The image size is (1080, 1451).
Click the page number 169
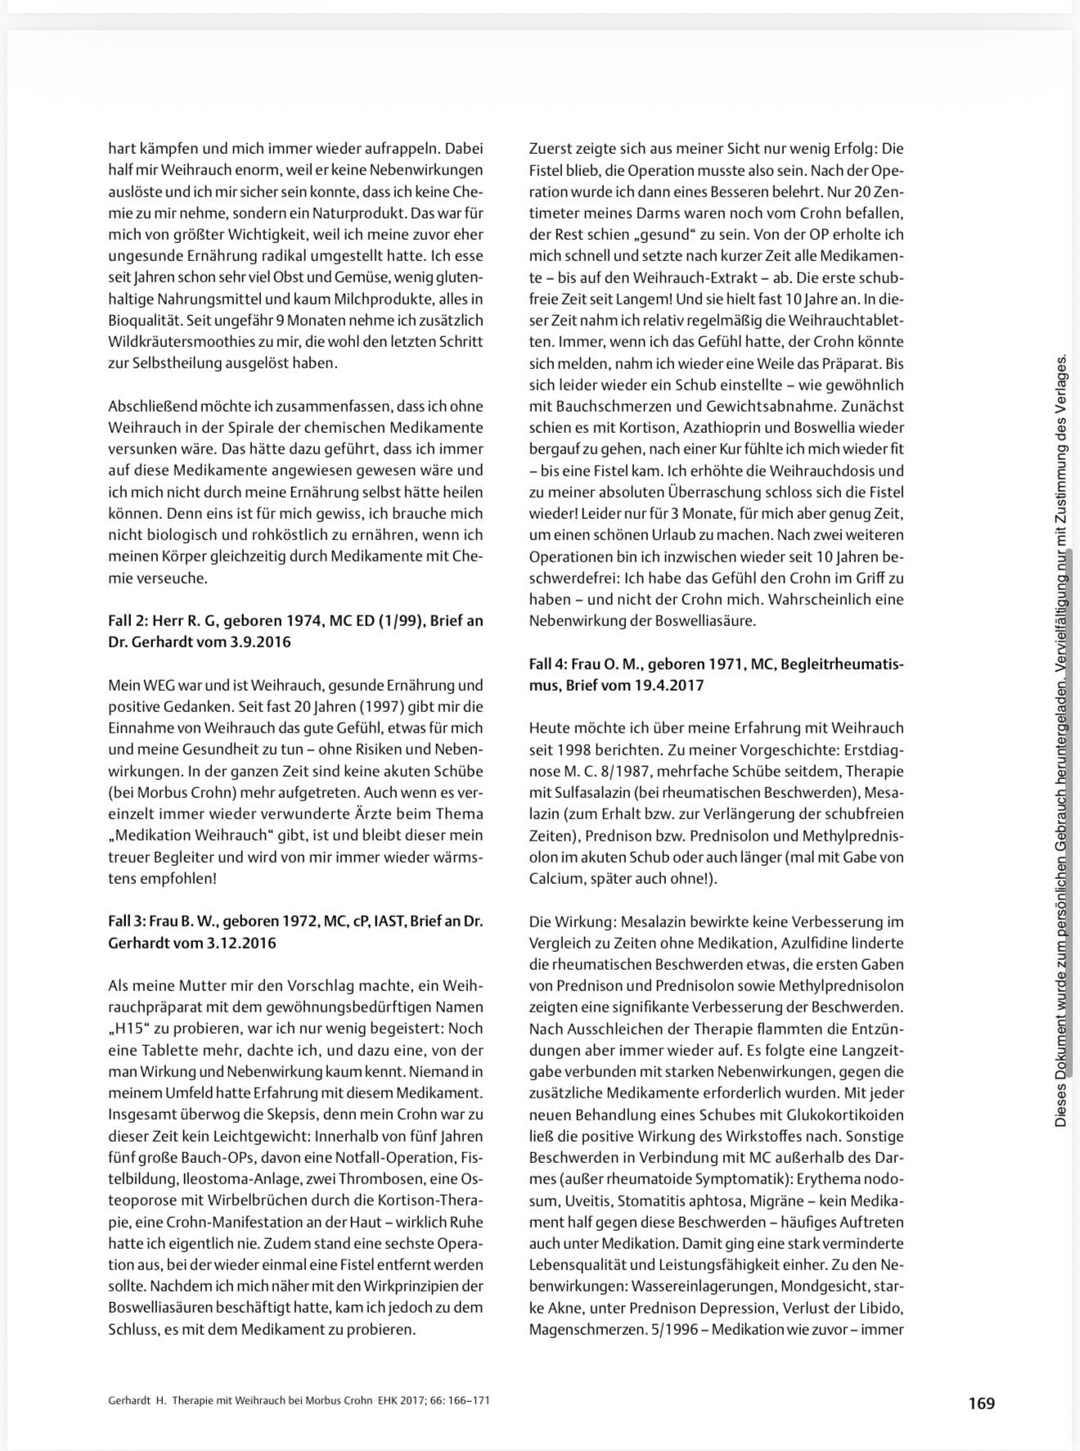pyautogui.click(x=981, y=1403)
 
